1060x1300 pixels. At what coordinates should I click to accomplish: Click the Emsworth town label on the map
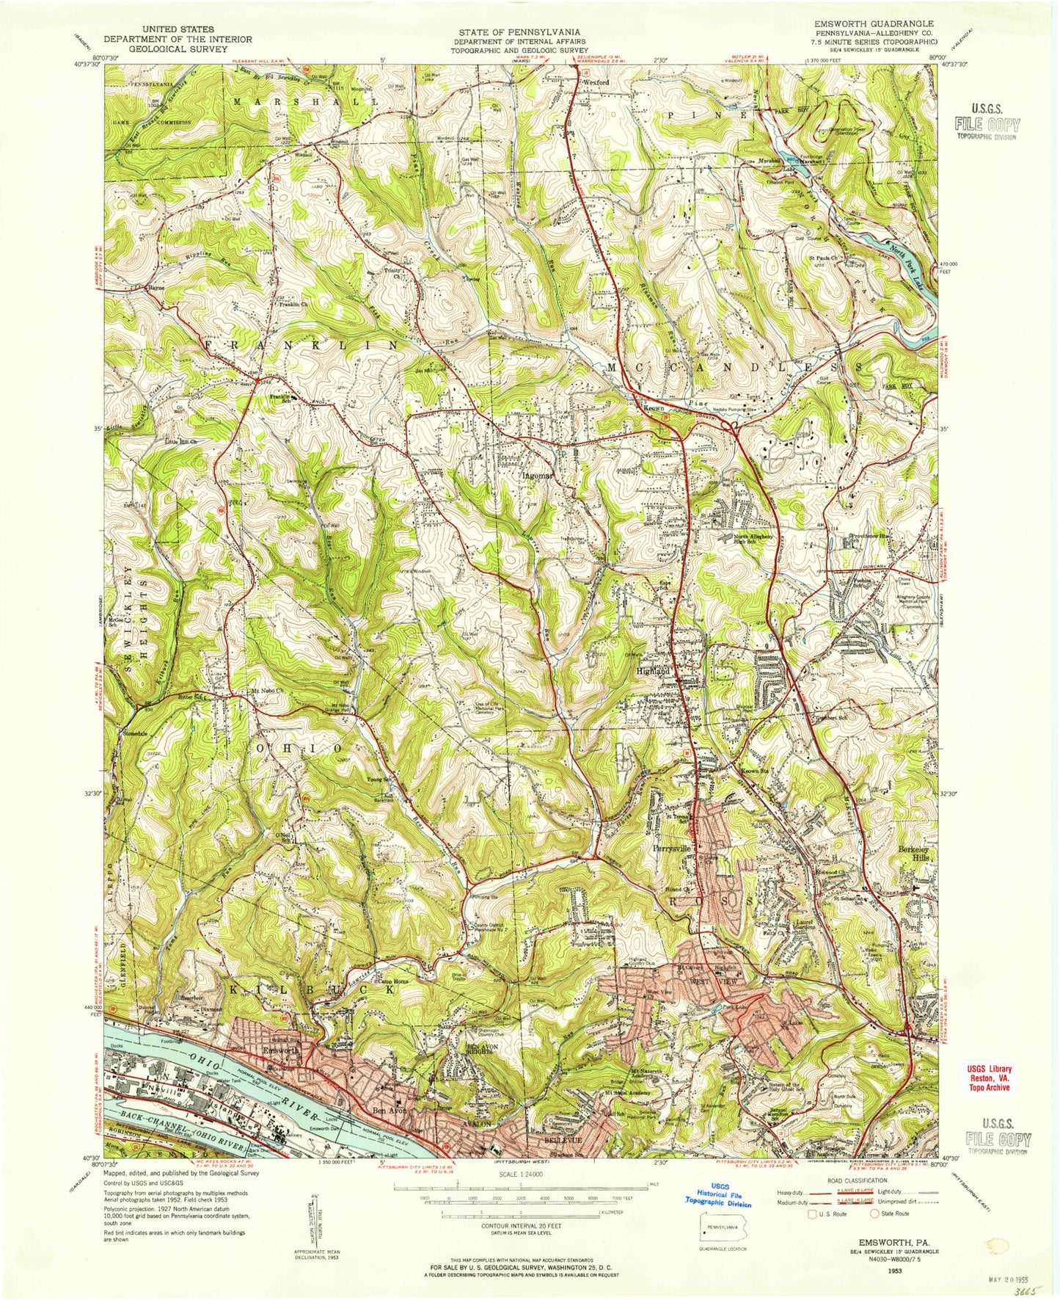pos(280,1051)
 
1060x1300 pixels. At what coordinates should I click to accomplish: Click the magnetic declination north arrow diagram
pos(311,1215)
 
